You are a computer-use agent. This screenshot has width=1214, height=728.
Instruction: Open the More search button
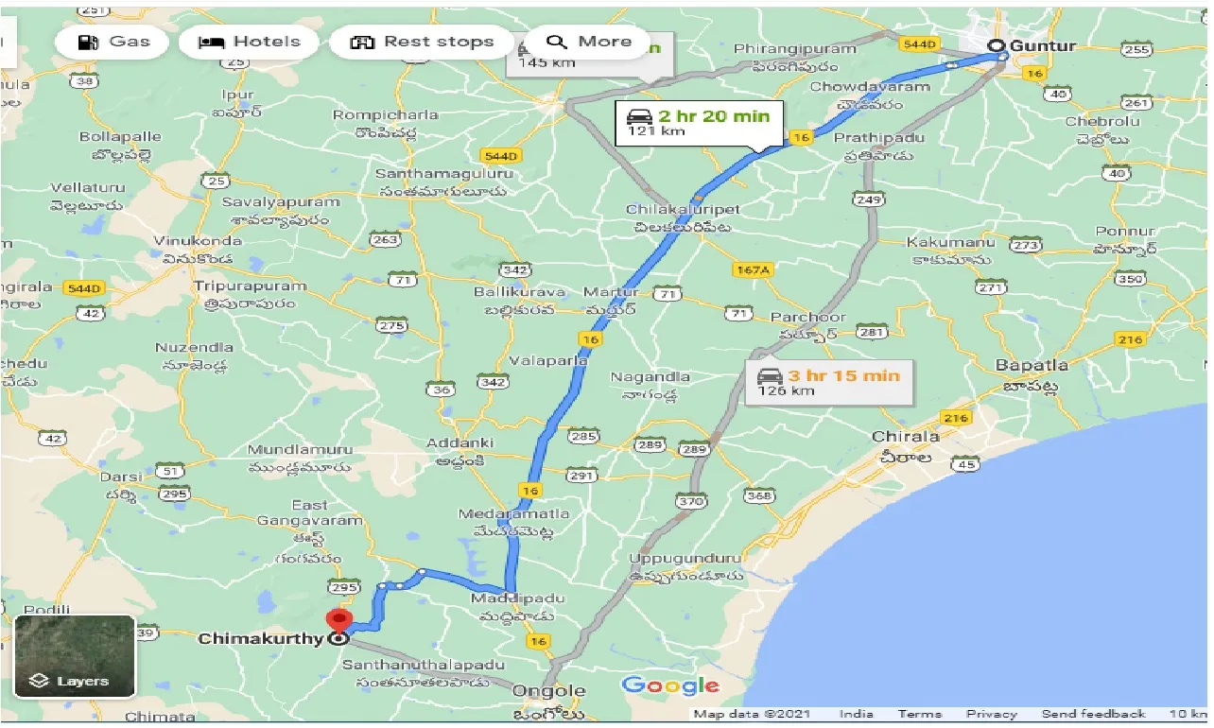pyautogui.click(x=588, y=42)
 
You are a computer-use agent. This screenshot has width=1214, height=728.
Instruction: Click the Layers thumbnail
pyautogui.click(x=75, y=656)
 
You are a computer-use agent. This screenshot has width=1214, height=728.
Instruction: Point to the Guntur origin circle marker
pyautogui.click(x=995, y=46)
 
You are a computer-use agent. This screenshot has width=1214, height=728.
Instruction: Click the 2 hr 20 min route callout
pyautogui.click(x=700, y=123)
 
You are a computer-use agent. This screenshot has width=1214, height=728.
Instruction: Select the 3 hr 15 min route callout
pyautogui.click(x=829, y=382)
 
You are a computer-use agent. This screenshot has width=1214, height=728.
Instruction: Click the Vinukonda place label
pyautogui.click(x=198, y=240)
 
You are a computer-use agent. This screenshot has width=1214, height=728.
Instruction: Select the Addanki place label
pyautogui.click(x=460, y=442)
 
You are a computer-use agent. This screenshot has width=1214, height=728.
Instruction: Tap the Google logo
pyautogui.click(x=670, y=686)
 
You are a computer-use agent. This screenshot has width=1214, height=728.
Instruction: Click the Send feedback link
pyautogui.click(x=1093, y=714)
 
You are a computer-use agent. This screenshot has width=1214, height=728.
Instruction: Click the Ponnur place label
pyautogui.click(x=1125, y=231)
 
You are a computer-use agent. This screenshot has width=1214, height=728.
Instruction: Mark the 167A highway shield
pyautogui.click(x=753, y=269)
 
